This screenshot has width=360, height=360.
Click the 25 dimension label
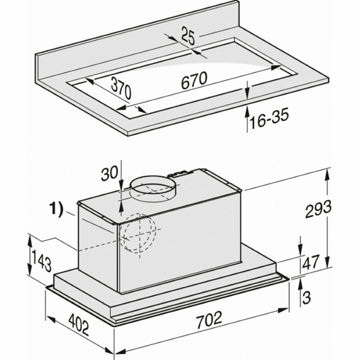coord(188,36)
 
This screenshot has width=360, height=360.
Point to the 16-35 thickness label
coord(269,119)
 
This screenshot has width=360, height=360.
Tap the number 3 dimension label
coord(306,297)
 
